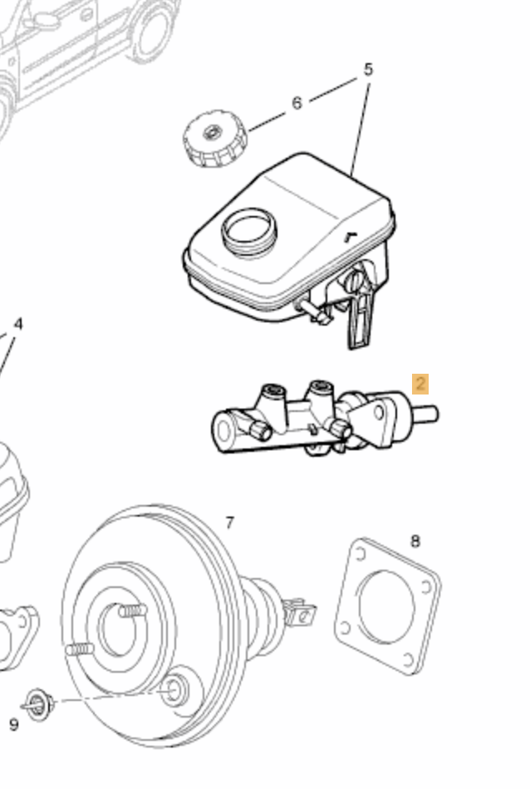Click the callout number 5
tap(367, 70)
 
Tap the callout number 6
tap(297, 104)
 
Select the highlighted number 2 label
tap(420, 384)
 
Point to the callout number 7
tap(229, 522)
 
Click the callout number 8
tap(415, 542)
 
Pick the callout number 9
tap(13, 724)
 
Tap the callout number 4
tap(18, 324)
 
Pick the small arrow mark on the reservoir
tap(351, 236)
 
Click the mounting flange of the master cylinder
tap(375, 421)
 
